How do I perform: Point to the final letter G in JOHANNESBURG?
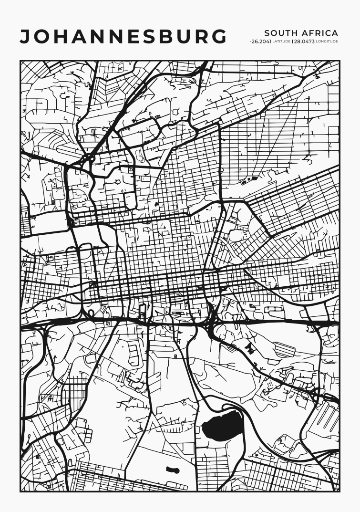pyautogui.click(x=218, y=37)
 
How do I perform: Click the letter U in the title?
pyautogui.click(x=186, y=37)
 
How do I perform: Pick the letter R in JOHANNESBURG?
pyautogui.click(x=202, y=37)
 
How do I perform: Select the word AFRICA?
pyautogui.click(x=320, y=33)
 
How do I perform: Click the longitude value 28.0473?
pyautogui.click(x=304, y=42)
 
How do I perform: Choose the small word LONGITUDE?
pyautogui.click(x=327, y=42)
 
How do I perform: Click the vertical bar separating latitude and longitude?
pyautogui.click(x=292, y=42)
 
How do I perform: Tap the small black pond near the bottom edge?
pyautogui.click(x=173, y=470)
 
